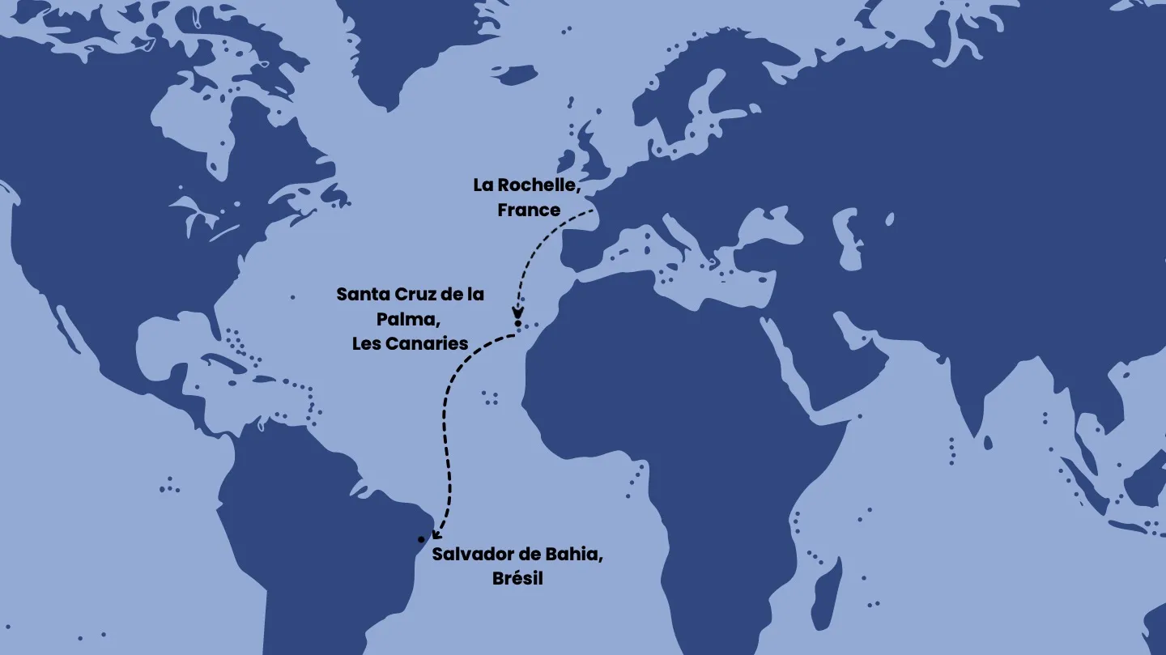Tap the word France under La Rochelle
click(529, 210)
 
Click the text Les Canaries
click(410, 343)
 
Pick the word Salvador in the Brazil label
click(470, 555)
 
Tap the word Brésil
click(517, 579)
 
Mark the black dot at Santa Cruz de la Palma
click(517, 324)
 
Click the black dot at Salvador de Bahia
click(421, 539)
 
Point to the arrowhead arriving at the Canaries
click(517, 313)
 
